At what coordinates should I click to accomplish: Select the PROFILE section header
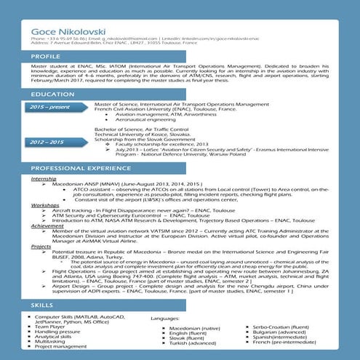[x=46, y=56]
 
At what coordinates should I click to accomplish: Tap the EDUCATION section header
[x=53, y=95]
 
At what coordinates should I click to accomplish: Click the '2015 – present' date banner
[x=49, y=107]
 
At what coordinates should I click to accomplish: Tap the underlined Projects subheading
[x=41, y=247]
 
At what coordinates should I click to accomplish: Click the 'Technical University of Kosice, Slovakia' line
[x=141, y=135]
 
